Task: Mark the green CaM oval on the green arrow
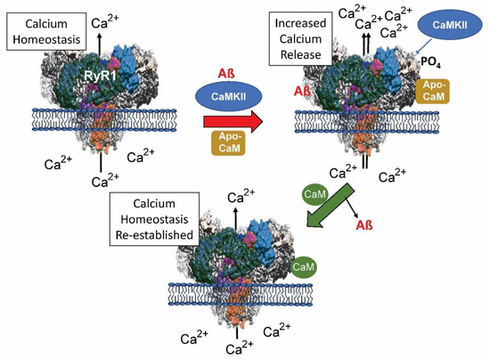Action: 314,192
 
